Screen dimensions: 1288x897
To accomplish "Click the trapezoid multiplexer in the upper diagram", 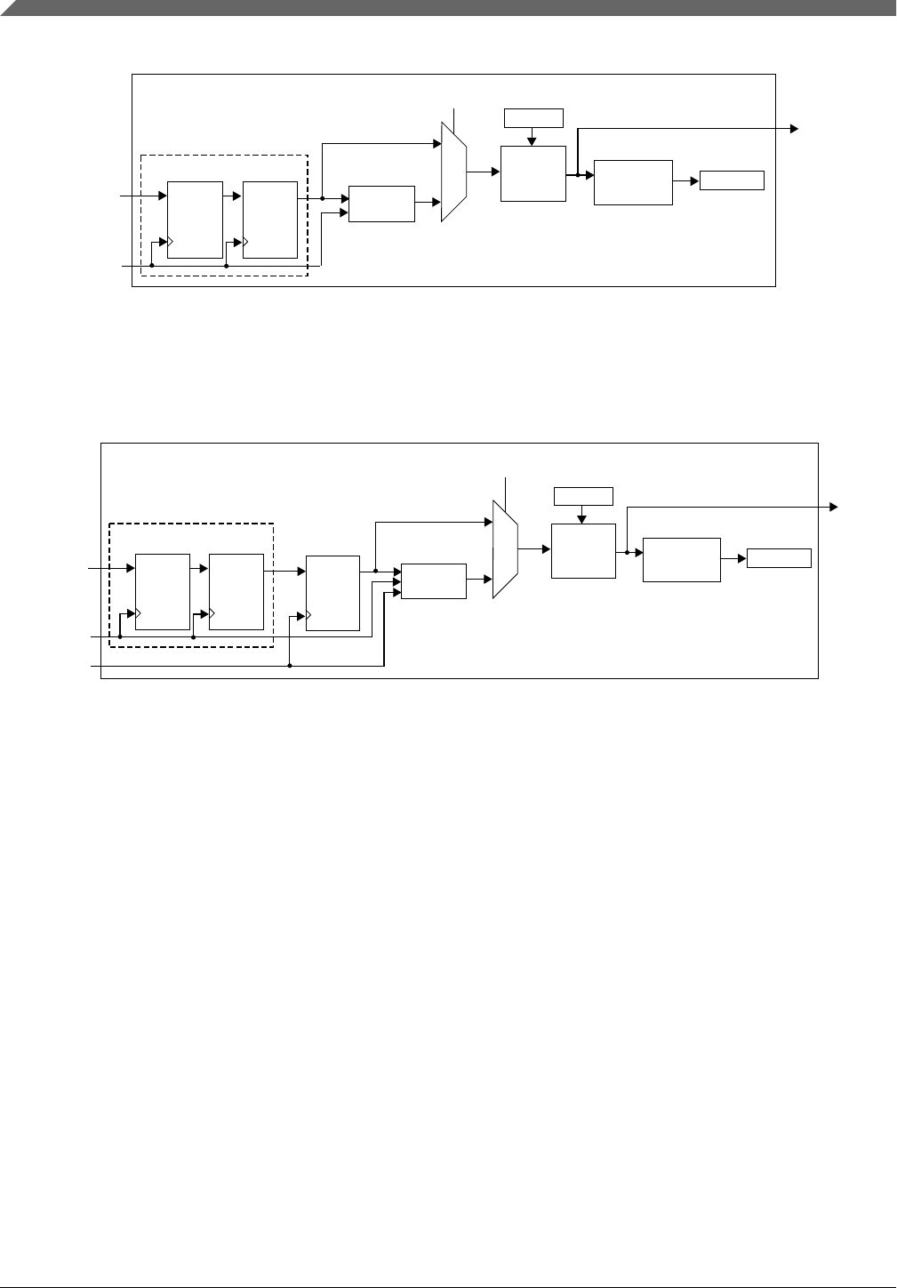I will point(453,172).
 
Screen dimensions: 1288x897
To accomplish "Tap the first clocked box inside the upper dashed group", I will point(195,219).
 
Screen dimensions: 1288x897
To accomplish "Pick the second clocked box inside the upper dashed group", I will point(269,219).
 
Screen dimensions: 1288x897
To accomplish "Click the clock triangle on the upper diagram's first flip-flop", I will point(170,241).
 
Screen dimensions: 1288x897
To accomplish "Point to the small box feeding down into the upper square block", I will point(533,117).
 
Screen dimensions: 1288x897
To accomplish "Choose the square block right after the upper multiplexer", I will point(533,174).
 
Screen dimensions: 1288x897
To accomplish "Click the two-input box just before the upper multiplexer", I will point(381,204).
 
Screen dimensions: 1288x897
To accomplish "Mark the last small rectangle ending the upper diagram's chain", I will point(732,180).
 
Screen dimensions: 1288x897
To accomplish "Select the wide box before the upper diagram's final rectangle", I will point(632,182).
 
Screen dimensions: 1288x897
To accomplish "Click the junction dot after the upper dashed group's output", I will point(322,198).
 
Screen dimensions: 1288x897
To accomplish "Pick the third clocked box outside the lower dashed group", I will point(332,592).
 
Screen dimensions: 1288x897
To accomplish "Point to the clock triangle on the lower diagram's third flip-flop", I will point(308,614).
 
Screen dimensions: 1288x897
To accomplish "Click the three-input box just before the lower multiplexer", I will point(433,580).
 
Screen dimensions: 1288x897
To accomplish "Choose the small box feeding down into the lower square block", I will point(583,496).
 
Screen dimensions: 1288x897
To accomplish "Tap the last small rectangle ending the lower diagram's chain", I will point(779,557).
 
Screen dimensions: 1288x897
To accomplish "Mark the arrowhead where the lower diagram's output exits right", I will point(833,507).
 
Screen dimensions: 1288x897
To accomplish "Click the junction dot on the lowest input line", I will point(291,665).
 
